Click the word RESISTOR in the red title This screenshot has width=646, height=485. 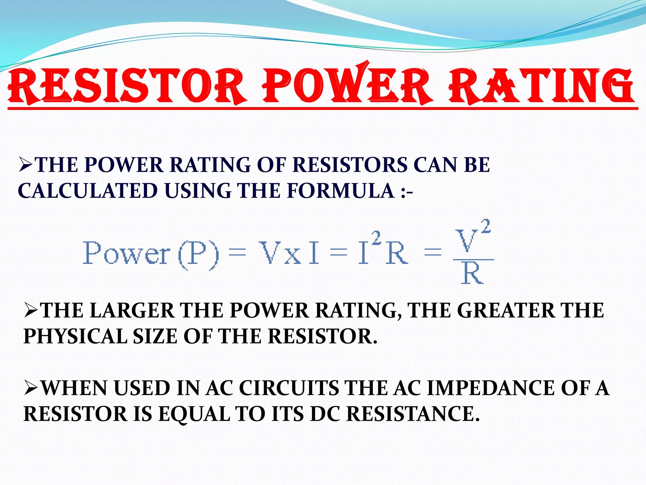[x=126, y=86]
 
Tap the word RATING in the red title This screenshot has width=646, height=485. [x=541, y=86]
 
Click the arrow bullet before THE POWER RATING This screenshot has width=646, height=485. [x=26, y=165]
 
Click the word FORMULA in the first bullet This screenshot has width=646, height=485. [x=341, y=191]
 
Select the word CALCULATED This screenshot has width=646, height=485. [x=88, y=191]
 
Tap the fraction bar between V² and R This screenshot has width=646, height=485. [x=473, y=260]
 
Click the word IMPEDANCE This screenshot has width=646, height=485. [x=490, y=388]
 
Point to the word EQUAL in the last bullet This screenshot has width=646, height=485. [x=194, y=414]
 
